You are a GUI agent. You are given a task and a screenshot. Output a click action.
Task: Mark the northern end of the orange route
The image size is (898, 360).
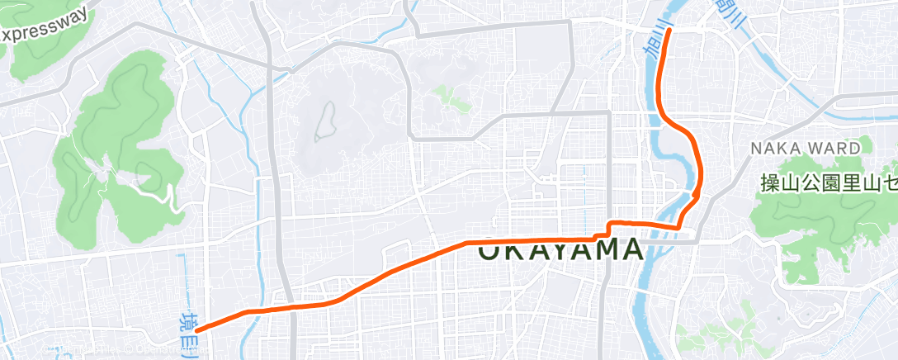(x=669, y=31)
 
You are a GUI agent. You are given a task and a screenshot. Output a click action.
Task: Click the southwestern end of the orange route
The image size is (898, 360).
(x=199, y=329)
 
